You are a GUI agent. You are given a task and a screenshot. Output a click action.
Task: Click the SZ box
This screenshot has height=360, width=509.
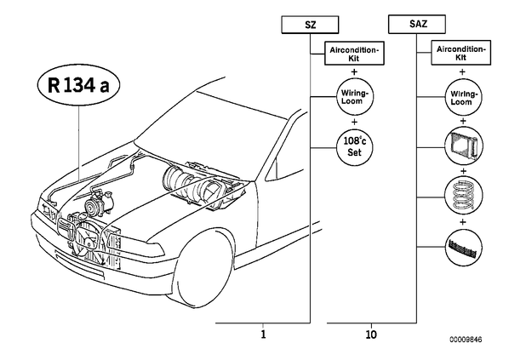tap(310, 25)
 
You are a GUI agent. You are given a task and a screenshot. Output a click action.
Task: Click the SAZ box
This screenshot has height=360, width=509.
tap(417, 24)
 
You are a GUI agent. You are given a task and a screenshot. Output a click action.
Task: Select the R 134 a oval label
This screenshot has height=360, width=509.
tap(78, 85)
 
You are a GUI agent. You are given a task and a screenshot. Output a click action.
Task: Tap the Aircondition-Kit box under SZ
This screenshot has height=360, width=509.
tap(354, 54)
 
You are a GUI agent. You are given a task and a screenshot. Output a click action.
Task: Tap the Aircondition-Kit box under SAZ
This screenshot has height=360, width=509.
tap(460, 53)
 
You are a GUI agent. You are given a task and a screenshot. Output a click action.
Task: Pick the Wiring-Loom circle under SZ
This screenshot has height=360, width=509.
tap(354, 97)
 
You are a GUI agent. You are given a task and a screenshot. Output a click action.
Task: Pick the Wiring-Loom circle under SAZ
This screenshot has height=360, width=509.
tap(462, 97)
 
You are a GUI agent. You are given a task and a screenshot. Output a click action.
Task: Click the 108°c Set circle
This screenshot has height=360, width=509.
tap(354, 147)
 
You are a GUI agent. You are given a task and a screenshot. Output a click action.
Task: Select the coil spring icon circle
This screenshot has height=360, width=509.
tap(463, 195)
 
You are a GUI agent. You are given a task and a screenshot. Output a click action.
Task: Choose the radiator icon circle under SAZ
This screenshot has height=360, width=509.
tap(463, 145)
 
